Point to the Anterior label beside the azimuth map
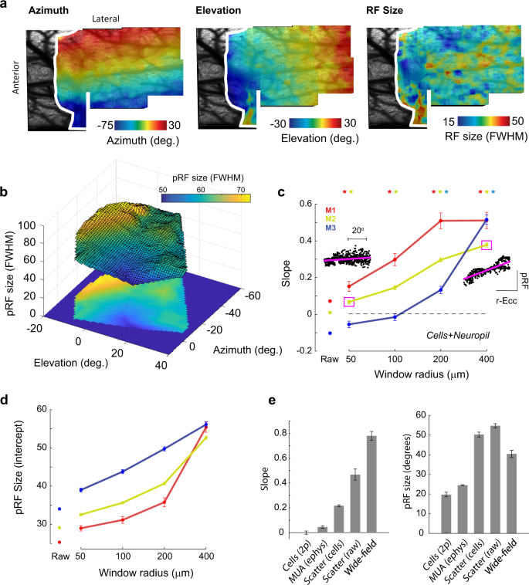click(16, 78)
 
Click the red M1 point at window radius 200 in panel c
click(441, 221)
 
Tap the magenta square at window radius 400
click(487, 245)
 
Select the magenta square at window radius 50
click(349, 302)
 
